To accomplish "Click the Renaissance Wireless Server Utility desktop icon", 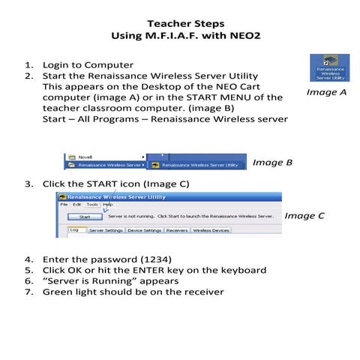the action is (330, 67).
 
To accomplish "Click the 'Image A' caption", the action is (326, 92).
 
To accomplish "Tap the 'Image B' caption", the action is (272, 162).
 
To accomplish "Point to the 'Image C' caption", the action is (304, 216).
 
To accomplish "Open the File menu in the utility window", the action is (64, 204).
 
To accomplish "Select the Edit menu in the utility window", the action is (76, 204).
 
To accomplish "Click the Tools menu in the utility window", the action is (91, 204).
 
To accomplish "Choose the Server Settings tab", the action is (106, 231).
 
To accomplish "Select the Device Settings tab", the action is (143, 231).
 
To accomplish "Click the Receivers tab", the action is (177, 231).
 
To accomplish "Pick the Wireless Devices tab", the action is (211, 231).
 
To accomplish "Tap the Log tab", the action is (73, 231).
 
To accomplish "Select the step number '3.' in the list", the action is (29, 184).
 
